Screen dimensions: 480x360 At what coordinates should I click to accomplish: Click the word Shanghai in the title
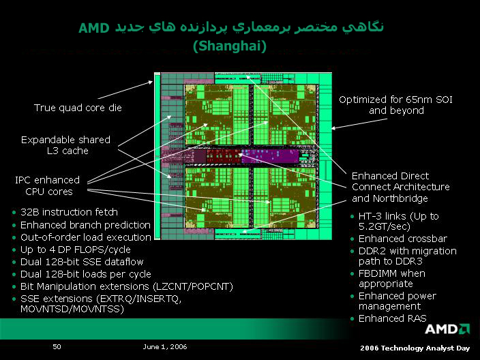pos(230,46)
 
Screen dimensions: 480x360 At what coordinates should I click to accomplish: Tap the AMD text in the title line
pos(94,28)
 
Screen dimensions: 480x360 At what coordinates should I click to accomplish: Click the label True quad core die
pos(78,108)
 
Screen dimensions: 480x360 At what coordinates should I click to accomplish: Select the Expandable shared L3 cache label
pos(66,145)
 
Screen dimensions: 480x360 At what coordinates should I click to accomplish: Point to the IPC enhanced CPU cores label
pos(48,185)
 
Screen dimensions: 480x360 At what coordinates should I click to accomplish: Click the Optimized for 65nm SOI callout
pos(396,105)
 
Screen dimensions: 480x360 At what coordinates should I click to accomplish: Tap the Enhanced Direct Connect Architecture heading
pos(401,187)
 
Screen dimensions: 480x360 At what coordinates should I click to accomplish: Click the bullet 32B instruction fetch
pos(69,212)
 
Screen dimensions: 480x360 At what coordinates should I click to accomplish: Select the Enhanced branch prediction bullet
pos(85,225)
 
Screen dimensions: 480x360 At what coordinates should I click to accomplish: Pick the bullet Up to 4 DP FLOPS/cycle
pos(75,250)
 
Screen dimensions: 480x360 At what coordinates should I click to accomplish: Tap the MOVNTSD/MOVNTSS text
pos(72,309)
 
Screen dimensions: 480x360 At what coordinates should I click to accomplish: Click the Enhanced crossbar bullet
pos(403,239)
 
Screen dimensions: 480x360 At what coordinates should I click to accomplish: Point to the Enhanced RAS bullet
pos(393,318)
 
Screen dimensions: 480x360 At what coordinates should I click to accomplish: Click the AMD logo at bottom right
pos(447,329)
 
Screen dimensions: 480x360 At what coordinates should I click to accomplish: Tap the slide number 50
pos(57,346)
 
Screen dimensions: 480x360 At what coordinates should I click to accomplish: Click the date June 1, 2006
pos(165,346)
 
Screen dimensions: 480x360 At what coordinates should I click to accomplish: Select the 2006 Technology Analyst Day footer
pos(415,348)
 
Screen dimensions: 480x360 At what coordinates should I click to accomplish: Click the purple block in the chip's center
pos(270,156)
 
